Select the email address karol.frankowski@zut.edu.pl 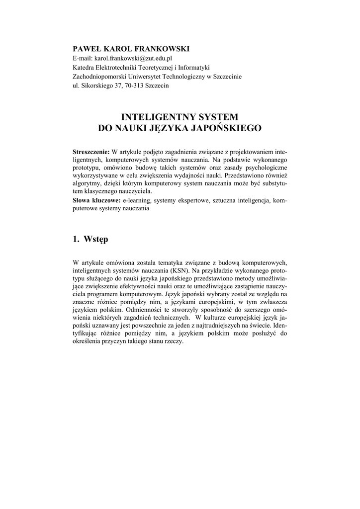point(130,58)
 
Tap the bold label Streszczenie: point(91,151)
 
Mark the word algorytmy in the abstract point(88,184)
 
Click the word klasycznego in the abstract point(110,192)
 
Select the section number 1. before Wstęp point(76,240)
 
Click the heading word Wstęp point(96,240)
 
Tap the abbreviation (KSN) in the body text point(195,270)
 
